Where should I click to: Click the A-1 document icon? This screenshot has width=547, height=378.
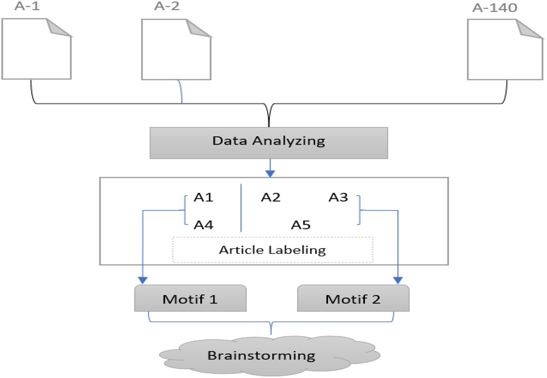[x=36, y=49]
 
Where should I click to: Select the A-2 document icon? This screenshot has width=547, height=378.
[x=176, y=49]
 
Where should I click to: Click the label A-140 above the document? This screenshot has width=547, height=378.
[x=495, y=8]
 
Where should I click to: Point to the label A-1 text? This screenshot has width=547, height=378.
[x=27, y=6]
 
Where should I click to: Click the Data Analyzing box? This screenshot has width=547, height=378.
[x=268, y=143]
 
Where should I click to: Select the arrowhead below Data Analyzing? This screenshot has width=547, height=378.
[x=270, y=173]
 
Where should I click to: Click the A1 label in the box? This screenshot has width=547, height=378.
[x=203, y=197]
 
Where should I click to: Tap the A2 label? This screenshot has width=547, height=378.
[x=270, y=197]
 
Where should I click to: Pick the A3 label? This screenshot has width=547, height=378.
[x=338, y=197]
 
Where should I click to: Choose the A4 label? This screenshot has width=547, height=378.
[x=203, y=225]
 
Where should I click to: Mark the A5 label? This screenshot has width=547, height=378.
[x=301, y=225]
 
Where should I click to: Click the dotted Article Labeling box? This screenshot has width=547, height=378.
[x=272, y=250]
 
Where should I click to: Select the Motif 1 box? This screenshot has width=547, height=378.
[x=190, y=299]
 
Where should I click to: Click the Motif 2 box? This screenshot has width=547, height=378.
[x=353, y=299]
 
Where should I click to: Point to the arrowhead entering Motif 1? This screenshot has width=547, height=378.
[x=143, y=280]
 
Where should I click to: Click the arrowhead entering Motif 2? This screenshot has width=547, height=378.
[x=398, y=280]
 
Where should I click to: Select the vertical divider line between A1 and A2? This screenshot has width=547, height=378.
[x=241, y=208]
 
